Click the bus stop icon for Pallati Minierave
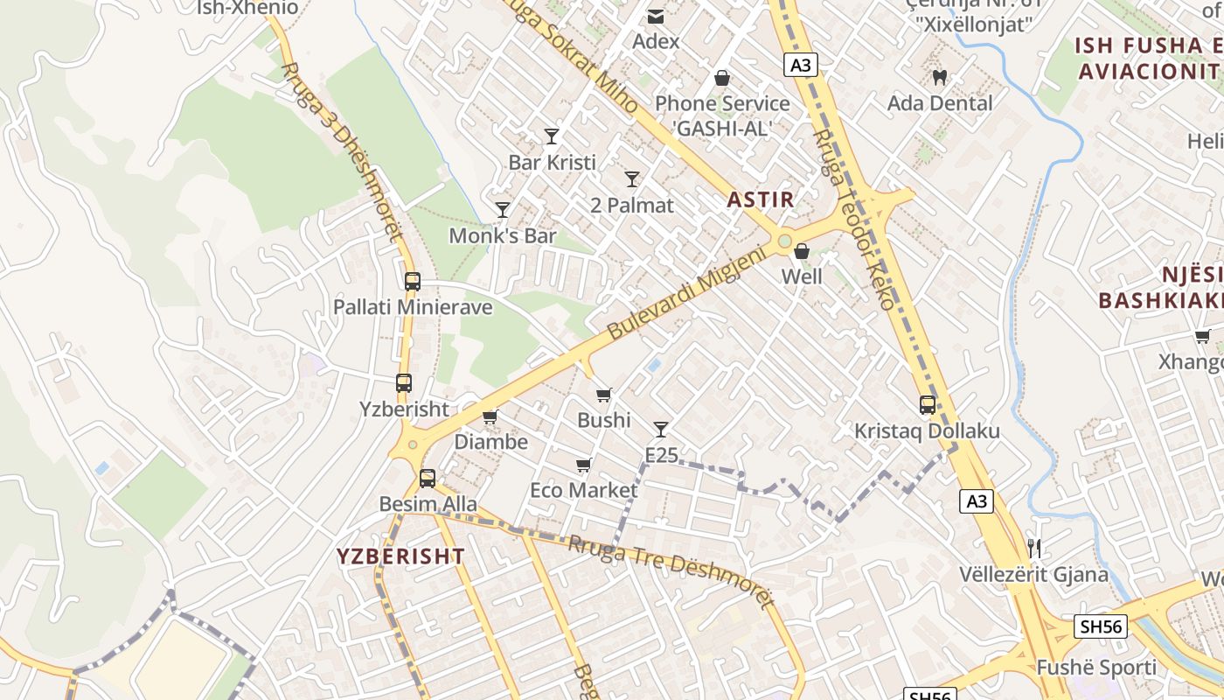[x=413, y=282]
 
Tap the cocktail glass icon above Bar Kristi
[x=552, y=136]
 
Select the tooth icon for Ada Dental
[x=940, y=77]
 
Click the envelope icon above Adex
[x=655, y=16]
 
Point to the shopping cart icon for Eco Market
[x=583, y=465]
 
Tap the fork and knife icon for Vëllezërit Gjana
[x=1034, y=549]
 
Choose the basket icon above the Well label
[x=801, y=252]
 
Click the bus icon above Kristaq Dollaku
[x=928, y=405]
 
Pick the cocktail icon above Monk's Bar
[x=503, y=209]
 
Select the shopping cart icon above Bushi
[x=603, y=395]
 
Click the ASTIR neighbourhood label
[x=761, y=199]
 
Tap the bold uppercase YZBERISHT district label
[x=401, y=556]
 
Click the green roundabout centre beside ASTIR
[x=785, y=241]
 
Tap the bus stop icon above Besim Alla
[x=427, y=479]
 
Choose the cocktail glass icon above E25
[x=661, y=429]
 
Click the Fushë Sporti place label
[x=1095, y=668]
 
